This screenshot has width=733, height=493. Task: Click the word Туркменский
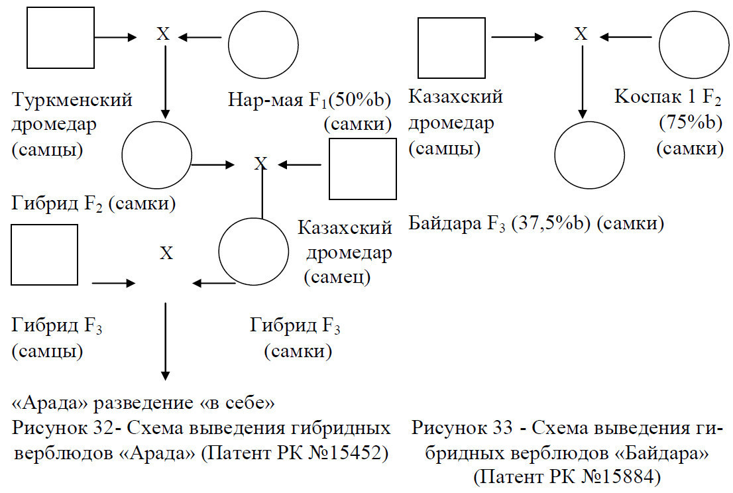72,100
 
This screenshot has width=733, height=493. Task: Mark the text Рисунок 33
461,428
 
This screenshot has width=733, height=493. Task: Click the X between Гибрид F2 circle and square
260,164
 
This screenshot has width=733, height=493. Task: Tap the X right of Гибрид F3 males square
166,253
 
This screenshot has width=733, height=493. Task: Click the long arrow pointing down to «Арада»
165,342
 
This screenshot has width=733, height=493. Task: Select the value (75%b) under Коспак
691,123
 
